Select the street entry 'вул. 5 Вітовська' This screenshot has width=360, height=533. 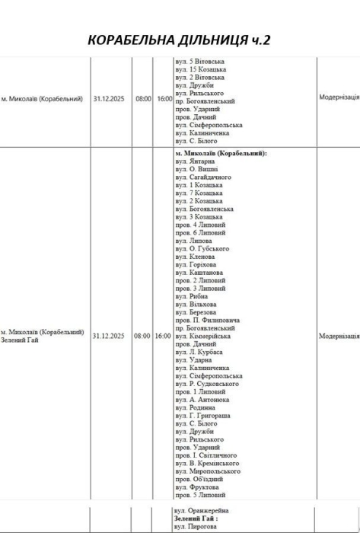pos(199,60)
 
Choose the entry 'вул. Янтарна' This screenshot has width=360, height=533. pos(196,161)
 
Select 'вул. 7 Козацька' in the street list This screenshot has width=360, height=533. pos(199,193)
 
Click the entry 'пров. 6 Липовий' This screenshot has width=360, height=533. pos(200,232)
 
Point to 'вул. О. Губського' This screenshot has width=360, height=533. pos(202,248)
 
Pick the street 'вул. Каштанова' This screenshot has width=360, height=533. pos(199,272)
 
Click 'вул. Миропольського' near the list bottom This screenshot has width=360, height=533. pos(208,471)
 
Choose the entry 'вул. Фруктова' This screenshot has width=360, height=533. pos(197,487)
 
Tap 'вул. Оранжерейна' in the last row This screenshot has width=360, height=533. pos(202,510)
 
